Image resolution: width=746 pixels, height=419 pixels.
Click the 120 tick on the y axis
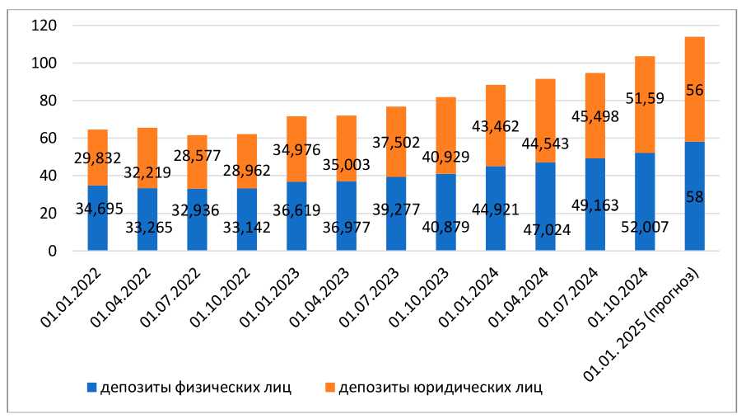point(43,26)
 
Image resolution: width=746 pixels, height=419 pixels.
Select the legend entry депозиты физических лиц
point(194,386)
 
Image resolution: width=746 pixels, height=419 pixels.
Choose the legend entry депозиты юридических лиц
point(441,386)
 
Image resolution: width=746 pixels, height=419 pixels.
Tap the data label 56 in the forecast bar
point(694,90)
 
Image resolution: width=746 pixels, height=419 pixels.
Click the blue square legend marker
point(91,387)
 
